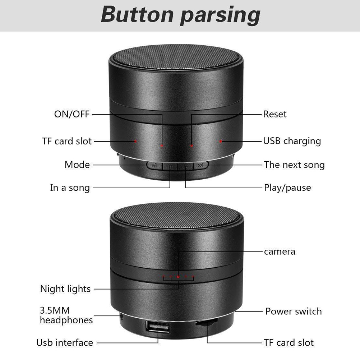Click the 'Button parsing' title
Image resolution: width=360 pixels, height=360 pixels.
tap(180, 15)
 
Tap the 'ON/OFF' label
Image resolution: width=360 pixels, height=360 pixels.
tap(72, 114)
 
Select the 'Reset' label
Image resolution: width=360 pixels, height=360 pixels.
tap(275, 114)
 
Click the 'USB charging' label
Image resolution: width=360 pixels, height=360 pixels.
tap(292, 141)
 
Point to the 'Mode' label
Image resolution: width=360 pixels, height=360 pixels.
tap(77, 165)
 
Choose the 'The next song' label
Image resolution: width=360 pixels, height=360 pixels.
tap(294, 165)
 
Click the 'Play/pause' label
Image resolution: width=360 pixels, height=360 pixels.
tap(287, 188)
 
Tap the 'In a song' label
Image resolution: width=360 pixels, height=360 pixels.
tap(70, 188)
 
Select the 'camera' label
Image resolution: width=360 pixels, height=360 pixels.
tap(280, 252)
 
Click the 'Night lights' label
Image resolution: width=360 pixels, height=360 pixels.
tap(65, 289)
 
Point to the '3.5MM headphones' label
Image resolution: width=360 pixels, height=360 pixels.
tap(66, 315)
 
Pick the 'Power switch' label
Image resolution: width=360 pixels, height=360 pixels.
tap(294, 311)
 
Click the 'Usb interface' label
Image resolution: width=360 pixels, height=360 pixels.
tap(65, 342)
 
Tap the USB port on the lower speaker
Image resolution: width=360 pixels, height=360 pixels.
tap(158, 327)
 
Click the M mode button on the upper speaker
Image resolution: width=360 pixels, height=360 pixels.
tap(154, 165)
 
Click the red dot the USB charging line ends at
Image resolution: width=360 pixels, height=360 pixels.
tap(221, 142)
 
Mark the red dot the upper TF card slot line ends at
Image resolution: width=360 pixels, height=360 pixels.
tap(135, 141)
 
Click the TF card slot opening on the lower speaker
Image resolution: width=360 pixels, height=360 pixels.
tap(206, 322)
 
